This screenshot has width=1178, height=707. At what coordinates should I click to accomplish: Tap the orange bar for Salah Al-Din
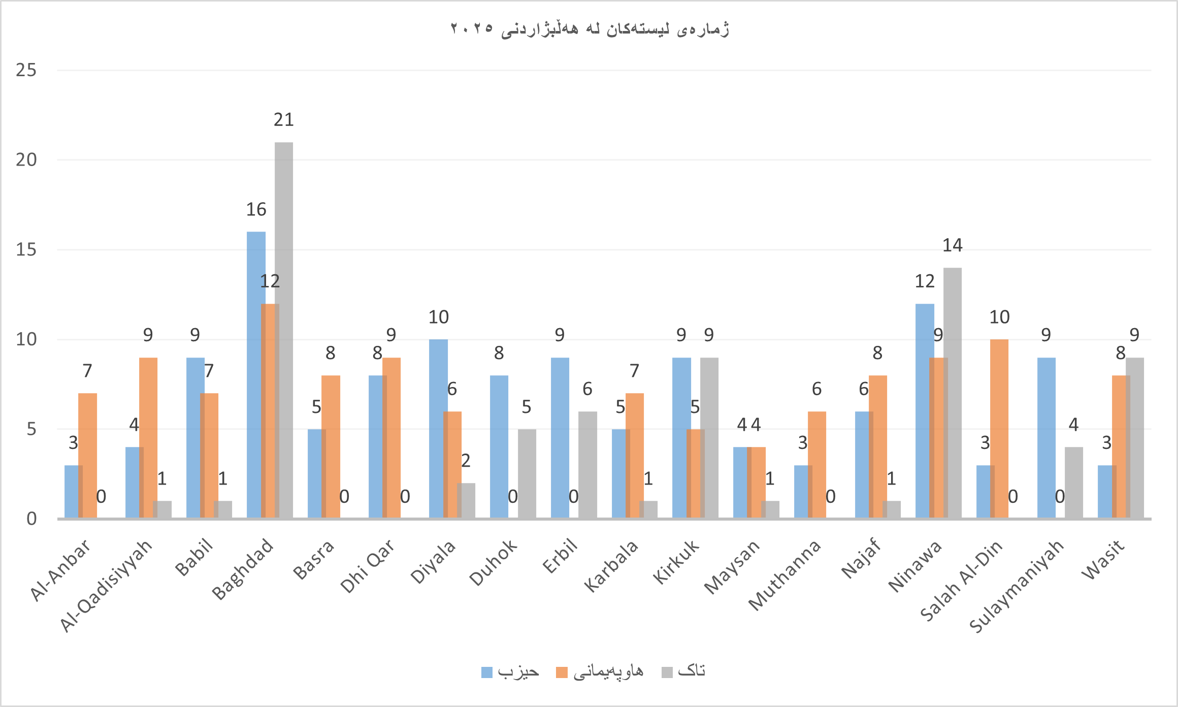[999, 429]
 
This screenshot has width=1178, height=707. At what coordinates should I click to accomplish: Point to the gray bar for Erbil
[587, 465]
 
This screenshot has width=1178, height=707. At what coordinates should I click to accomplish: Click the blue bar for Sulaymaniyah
[1046, 438]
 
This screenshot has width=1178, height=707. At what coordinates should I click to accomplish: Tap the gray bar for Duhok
[527, 473]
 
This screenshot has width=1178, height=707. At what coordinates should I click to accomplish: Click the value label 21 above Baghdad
[284, 120]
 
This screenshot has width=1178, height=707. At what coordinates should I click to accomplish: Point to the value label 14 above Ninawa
[953, 246]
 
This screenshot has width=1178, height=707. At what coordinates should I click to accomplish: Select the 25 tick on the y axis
[26, 70]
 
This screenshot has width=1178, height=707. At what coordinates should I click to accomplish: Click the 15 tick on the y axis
[26, 249]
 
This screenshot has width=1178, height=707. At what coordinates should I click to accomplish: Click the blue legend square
[487, 672]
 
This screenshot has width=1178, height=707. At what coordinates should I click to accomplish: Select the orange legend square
[562, 672]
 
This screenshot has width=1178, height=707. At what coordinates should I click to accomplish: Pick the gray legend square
[667, 672]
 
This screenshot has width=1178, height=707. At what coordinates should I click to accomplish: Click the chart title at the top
[590, 29]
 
